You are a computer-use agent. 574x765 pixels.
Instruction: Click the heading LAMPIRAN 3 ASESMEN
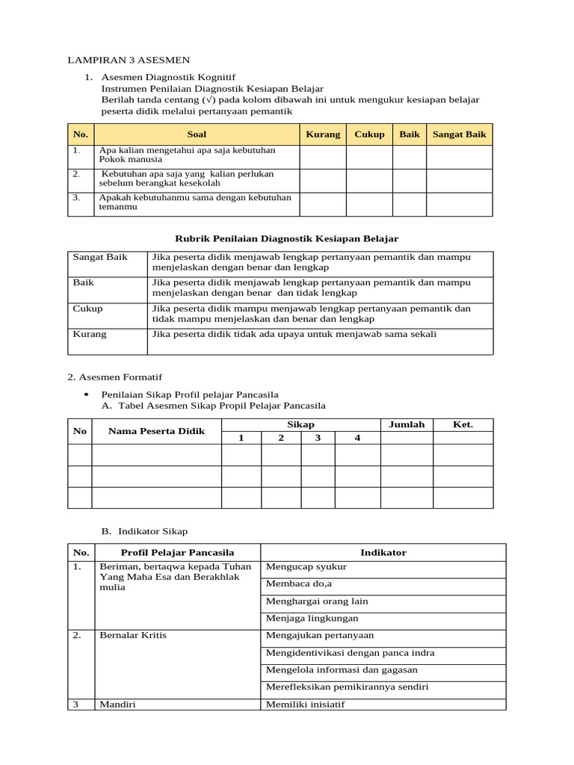click(129, 60)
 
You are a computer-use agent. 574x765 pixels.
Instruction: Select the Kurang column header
click(323, 134)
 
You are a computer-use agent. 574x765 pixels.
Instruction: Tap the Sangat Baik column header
click(459, 134)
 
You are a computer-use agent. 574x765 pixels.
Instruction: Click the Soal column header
click(197, 134)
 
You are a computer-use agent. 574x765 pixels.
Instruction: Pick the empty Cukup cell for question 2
click(369, 180)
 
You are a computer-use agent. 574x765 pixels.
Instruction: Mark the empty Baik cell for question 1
click(410, 157)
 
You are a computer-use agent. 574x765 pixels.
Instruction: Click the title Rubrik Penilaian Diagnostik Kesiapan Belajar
click(286, 238)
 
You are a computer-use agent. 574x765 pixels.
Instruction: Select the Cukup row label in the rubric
click(88, 309)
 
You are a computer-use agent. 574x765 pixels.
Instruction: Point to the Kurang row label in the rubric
click(90, 334)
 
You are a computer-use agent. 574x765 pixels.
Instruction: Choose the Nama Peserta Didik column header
click(156, 431)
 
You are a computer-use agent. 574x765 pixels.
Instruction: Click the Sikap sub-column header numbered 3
click(318, 438)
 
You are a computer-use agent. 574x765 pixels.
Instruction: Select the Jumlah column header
click(407, 424)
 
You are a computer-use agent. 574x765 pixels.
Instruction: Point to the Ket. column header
click(463, 424)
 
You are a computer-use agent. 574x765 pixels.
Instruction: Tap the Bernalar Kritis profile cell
click(132, 635)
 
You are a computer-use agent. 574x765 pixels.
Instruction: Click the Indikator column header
click(383, 553)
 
